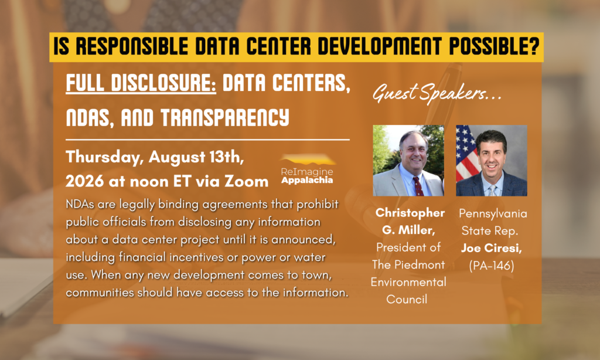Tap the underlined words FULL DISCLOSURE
coord(141,83)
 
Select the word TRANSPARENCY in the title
coord(224,117)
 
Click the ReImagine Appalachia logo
coord(307,169)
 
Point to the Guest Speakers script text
coord(437,93)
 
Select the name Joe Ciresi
coord(492,248)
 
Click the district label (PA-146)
coord(492,266)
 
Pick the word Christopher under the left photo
coord(410,213)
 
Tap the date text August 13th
coord(196,157)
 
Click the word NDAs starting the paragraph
coord(80,204)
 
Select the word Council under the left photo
coord(407,299)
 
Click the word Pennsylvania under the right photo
coord(493,213)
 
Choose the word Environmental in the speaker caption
coord(408,282)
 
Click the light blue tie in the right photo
coord(492,190)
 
